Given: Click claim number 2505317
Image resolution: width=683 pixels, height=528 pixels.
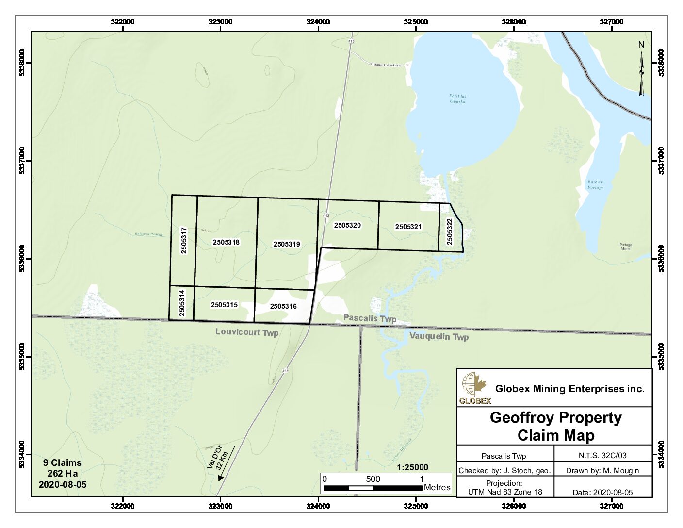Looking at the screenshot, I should pos(184,240).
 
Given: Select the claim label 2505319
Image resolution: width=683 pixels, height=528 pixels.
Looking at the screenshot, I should pos(287,244).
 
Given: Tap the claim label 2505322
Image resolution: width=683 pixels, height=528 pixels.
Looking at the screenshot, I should pos(450,231).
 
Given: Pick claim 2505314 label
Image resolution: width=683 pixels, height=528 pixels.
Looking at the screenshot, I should pos(182,303).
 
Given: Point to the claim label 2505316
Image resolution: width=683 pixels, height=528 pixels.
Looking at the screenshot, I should pos(283,306).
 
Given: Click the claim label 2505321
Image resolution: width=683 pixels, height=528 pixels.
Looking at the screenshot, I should pos(408,227).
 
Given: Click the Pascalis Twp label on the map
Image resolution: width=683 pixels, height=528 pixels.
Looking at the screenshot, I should pos(370,318).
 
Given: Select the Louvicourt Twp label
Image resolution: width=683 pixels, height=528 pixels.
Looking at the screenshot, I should pos(247,332).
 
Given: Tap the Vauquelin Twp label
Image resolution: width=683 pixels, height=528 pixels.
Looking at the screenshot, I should pos(439,336).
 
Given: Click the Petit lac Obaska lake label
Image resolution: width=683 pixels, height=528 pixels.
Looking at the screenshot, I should pos(457,99).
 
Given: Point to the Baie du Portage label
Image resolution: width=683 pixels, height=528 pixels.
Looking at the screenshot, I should pos(595,185).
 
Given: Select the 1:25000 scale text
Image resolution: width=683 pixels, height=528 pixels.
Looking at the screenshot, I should pos(412,467).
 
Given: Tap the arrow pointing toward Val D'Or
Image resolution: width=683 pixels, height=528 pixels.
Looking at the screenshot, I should pos(227,464).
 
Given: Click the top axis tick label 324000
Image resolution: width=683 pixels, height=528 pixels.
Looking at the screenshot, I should pos(318,22).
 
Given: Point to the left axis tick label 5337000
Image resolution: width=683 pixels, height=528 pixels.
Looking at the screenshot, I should pos(22,161).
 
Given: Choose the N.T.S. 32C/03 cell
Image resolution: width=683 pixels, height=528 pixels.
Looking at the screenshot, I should pos(602,456).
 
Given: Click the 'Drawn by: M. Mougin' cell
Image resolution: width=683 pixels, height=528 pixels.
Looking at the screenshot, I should pos(602,470).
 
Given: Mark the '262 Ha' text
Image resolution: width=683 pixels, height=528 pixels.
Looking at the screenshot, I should pos(62,473).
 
